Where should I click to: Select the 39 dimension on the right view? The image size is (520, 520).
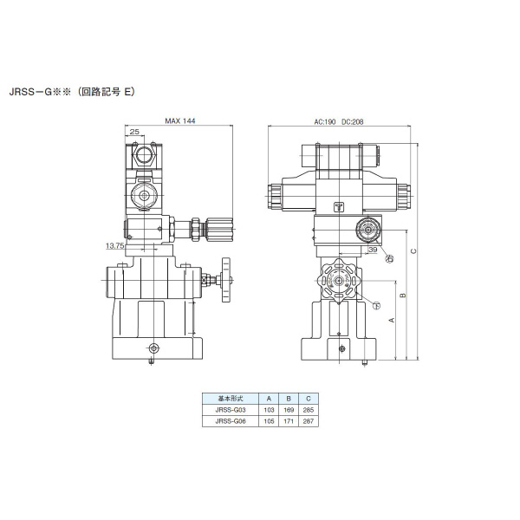tap(372, 250)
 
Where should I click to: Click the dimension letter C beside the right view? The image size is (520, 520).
tap(413, 251)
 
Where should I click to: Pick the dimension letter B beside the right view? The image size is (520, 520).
tap(402, 296)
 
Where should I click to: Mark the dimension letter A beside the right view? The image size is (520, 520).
tap(391, 320)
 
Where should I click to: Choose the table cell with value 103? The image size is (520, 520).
tap(269, 410)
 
